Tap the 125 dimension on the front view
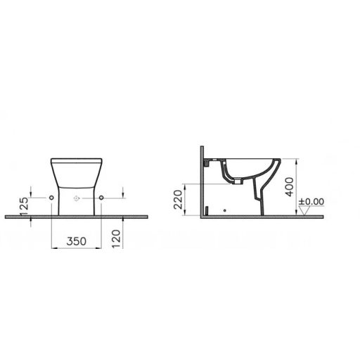[22, 205]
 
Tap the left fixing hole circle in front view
[53, 199]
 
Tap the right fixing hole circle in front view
[103, 199]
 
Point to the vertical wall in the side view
[202, 183]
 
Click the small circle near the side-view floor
[224, 209]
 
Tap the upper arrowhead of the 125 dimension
[32, 195]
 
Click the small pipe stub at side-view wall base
[207, 210]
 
